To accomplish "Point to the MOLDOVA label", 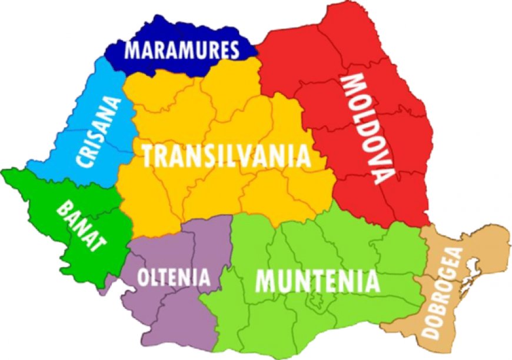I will tap(364, 128).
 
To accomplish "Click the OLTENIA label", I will tap(174, 276).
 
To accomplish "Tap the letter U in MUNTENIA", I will tap(282, 281).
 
